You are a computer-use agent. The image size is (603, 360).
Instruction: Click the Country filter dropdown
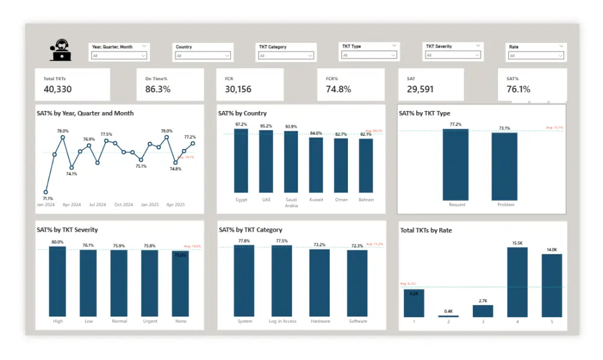tap(203, 55)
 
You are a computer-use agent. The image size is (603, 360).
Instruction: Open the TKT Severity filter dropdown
tap(453, 55)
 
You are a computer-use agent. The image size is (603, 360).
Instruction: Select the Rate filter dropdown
tap(536, 55)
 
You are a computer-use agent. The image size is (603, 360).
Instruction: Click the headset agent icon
tap(61, 50)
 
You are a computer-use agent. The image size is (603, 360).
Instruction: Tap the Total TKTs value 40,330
tap(57, 89)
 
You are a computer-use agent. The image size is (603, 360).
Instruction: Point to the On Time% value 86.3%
tap(157, 89)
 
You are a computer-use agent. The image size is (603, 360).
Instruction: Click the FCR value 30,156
tap(238, 89)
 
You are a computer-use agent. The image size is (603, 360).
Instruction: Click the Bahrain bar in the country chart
tap(366, 165)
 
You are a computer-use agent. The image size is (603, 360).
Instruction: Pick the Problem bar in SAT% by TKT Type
tap(505, 166)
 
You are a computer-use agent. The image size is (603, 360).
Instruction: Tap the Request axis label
tap(457, 205)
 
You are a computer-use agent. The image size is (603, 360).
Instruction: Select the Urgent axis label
tap(150, 321)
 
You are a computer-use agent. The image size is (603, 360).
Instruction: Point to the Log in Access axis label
tap(282, 321)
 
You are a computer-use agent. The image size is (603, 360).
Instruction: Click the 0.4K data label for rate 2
tap(448, 311)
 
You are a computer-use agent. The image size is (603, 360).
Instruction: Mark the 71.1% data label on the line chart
tap(48, 198)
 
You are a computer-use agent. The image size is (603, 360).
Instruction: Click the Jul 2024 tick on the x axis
tap(97, 205)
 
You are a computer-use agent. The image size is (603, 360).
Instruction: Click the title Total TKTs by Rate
tap(426, 230)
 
